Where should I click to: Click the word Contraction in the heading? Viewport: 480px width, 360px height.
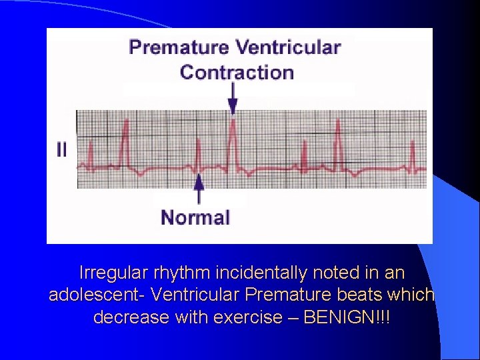tap(237, 72)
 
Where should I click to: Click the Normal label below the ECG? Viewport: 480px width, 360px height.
tap(195, 217)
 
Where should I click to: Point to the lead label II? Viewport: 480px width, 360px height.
tap(61, 150)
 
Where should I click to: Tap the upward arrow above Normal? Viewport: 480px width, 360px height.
tap(198, 189)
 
